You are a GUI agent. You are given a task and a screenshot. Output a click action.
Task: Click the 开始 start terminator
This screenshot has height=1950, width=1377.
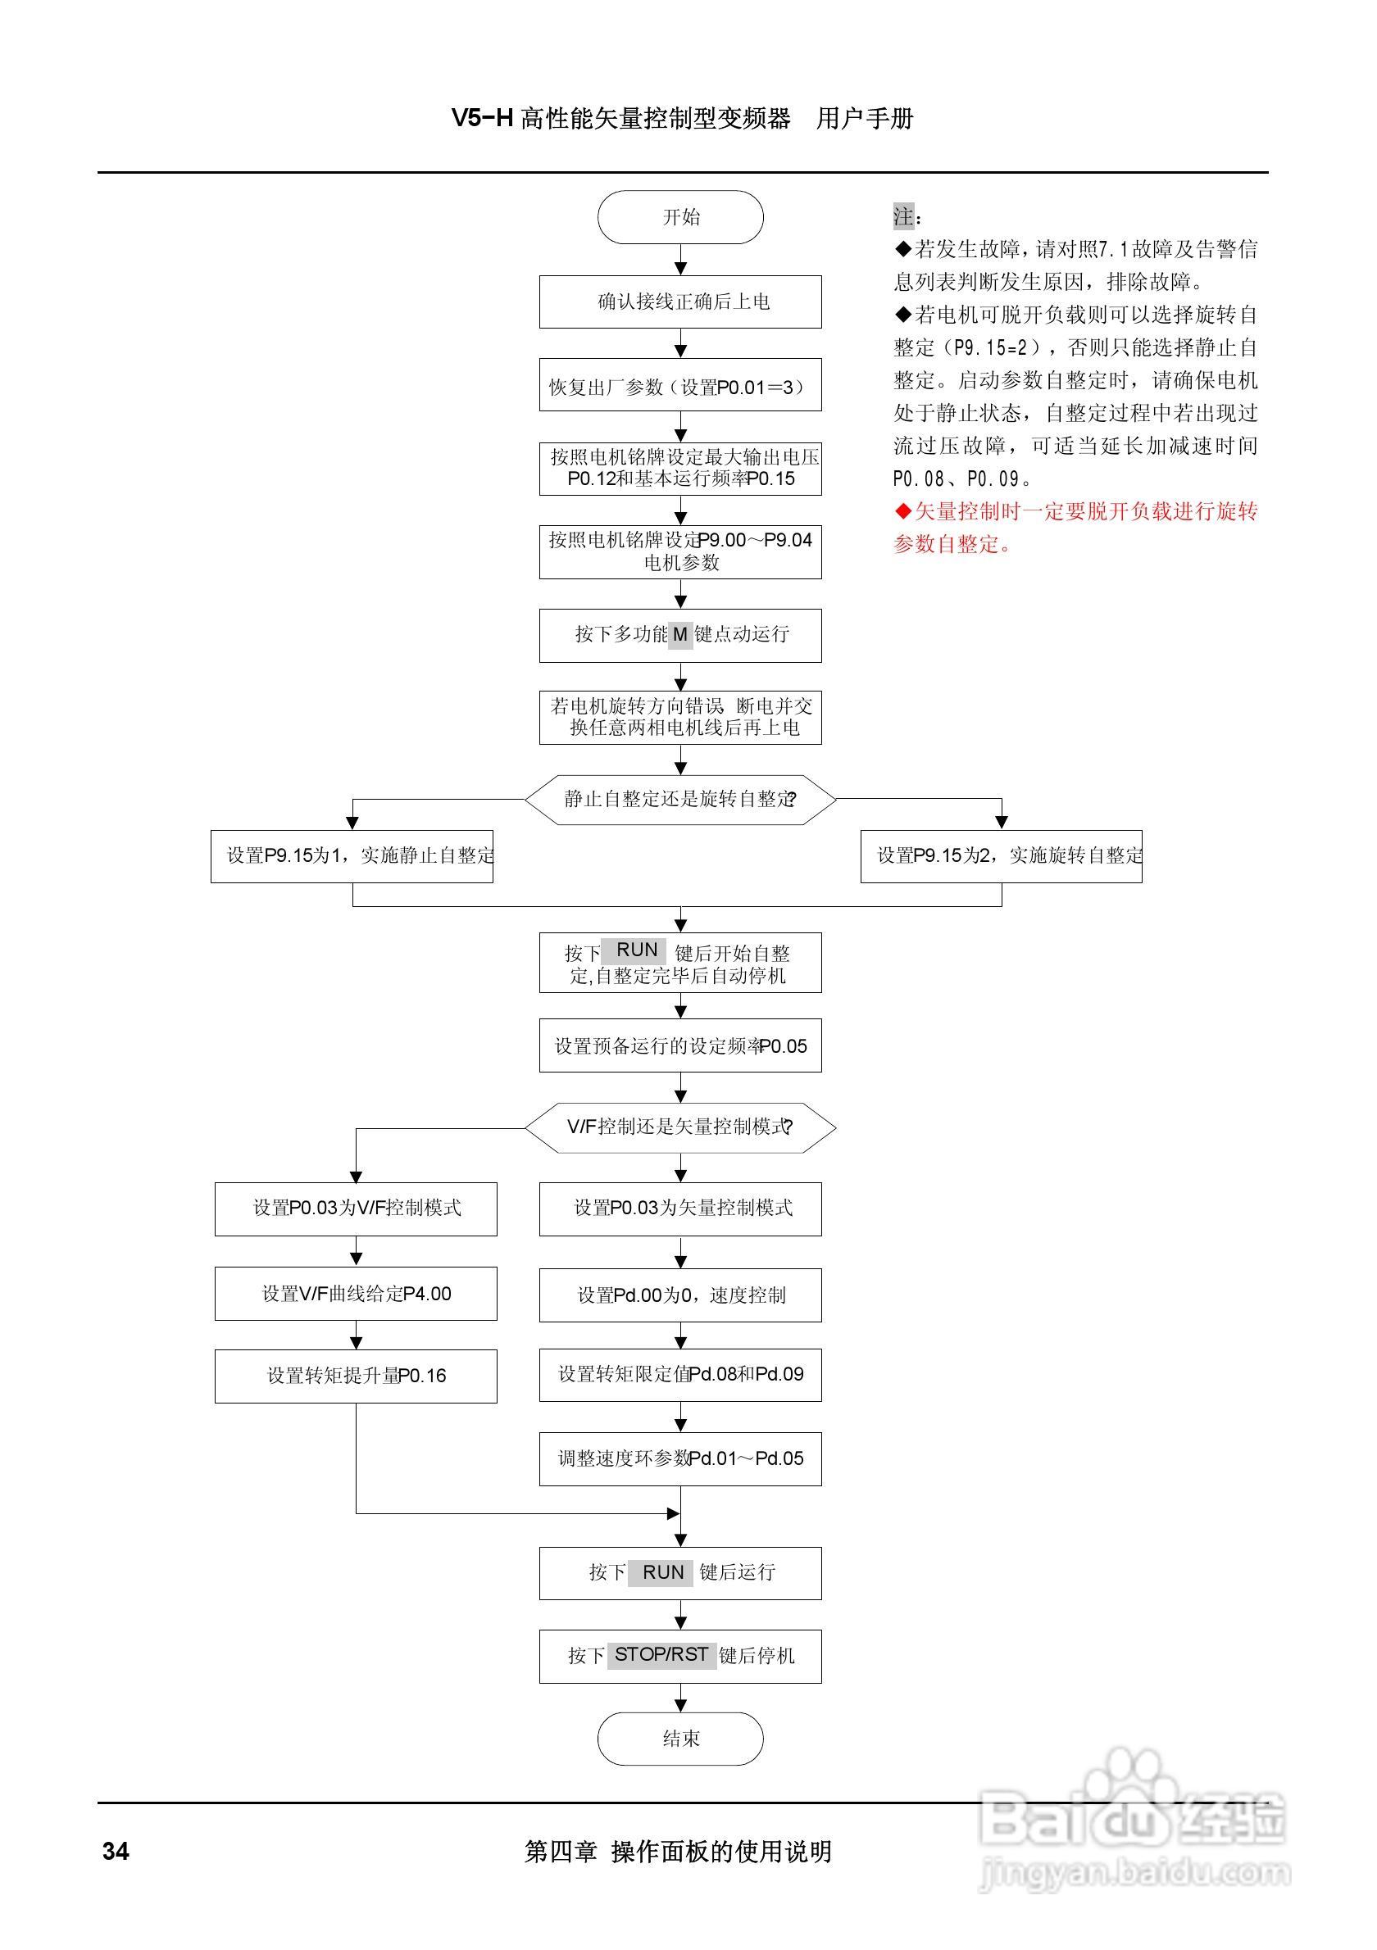(680, 217)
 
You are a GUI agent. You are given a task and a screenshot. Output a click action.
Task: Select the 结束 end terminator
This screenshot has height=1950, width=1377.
(680, 1739)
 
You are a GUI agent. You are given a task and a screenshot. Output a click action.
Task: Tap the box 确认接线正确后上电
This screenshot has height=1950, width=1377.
(680, 302)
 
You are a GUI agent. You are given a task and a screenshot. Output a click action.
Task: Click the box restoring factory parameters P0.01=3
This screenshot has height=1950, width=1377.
(680, 387)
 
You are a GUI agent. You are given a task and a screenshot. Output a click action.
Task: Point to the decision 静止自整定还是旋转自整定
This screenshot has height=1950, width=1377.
(680, 799)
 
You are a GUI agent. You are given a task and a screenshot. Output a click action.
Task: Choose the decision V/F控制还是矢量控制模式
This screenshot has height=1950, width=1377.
(680, 1127)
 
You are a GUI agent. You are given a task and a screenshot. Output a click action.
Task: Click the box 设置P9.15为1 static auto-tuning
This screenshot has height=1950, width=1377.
(352, 856)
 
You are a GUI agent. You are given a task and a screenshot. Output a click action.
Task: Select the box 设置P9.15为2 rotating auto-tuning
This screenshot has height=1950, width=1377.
(1001, 856)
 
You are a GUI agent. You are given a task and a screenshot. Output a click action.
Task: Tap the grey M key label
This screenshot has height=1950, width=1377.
(680, 634)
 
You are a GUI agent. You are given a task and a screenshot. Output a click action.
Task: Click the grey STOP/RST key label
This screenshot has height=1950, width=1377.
(661, 1654)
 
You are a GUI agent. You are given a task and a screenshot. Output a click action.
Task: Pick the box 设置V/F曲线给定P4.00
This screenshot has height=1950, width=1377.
(356, 1294)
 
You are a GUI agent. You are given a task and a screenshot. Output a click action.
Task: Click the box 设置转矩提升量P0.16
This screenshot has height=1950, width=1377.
(356, 1376)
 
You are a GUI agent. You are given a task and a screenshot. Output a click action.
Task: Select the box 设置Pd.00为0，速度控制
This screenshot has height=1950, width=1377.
(680, 1295)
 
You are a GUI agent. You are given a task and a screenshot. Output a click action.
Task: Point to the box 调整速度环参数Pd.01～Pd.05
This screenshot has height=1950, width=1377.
(680, 1458)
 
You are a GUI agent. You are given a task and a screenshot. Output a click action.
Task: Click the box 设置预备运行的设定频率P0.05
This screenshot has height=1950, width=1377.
(680, 1045)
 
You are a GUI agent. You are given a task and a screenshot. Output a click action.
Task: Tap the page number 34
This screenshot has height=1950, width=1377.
(116, 1852)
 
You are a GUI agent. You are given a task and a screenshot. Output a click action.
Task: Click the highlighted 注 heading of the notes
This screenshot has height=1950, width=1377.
(904, 216)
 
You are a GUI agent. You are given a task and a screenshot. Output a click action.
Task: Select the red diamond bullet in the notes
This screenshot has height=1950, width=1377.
(903, 511)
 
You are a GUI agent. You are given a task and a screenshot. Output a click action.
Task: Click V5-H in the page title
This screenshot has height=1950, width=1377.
(482, 118)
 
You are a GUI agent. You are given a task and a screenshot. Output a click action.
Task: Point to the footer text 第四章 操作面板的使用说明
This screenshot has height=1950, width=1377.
(678, 1852)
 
